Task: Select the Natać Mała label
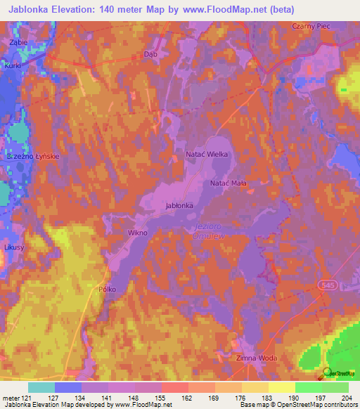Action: [x=229, y=183]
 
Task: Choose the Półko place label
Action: [x=107, y=289]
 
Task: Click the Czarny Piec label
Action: [x=311, y=25]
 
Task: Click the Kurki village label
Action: [x=13, y=65]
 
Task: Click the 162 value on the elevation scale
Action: [x=188, y=398]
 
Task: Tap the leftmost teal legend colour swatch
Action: [x=41, y=387]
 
